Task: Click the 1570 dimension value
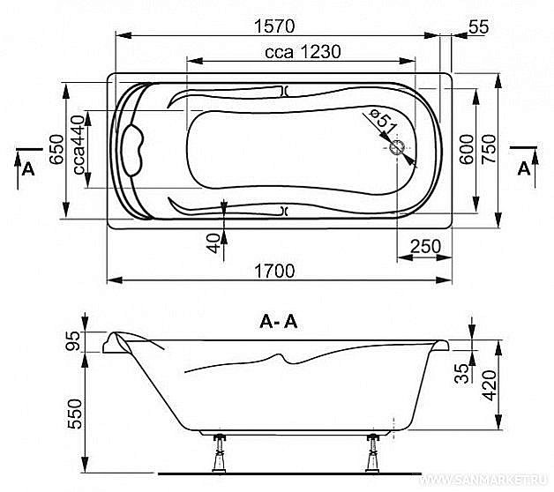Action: tap(274, 26)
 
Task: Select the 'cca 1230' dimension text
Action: tap(303, 52)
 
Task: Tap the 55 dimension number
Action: tap(479, 26)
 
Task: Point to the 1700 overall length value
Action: tap(274, 272)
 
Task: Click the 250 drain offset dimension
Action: tap(425, 246)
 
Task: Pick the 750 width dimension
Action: tap(490, 148)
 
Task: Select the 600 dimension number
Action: tap(467, 149)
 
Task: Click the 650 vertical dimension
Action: tap(56, 149)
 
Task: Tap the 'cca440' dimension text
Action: tap(79, 145)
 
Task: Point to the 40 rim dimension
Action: tap(213, 243)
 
